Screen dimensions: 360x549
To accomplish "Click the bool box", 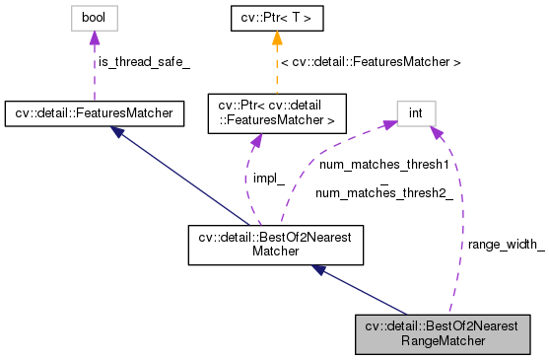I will click(x=94, y=18).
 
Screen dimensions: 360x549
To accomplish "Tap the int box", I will click(x=416, y=112).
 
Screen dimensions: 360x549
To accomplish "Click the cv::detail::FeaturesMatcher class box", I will click(x=94, y=112).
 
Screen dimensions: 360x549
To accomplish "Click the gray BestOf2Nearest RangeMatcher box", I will click(x=442, y=333).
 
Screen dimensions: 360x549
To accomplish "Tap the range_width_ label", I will click(x=505, y=244).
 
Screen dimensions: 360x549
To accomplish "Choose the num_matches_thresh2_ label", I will click(x=384, y=194).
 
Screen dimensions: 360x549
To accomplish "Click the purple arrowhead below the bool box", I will click(x=94, y=38).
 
